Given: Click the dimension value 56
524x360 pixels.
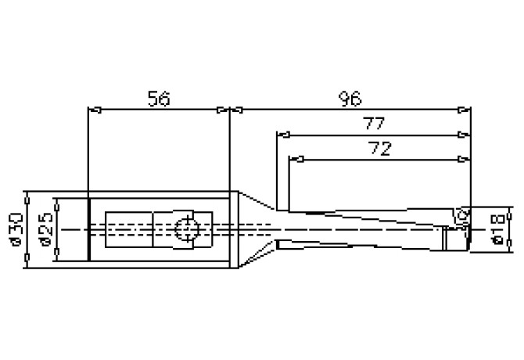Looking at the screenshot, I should [x=159, y=99].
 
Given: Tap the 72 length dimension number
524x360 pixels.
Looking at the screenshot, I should [x=379, y=148].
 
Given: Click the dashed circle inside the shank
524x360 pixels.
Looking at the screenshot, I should [x=186, y=229].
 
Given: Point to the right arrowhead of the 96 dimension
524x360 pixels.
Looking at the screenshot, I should [x=465, y=110].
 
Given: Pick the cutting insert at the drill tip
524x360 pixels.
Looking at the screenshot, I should [x=460, y=215].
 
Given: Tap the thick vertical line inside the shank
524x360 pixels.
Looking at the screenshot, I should [x=89, y=229].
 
